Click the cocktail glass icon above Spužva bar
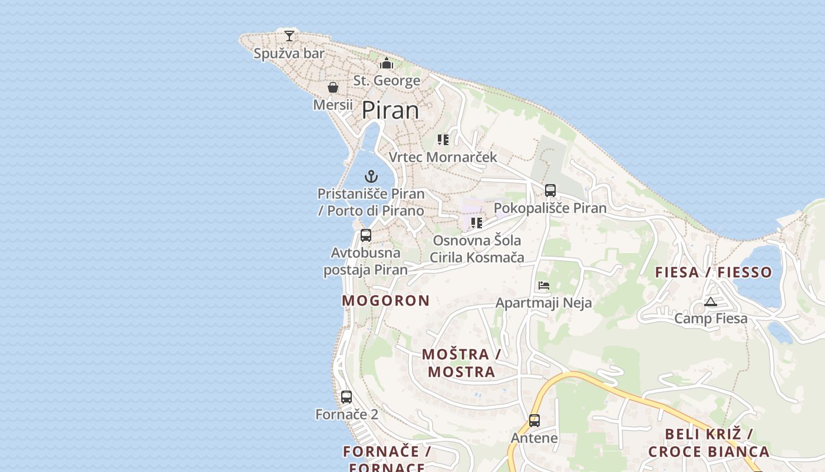(x=289, y=35)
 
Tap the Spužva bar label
(x=289, y=53)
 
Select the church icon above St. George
(x=387, y=63)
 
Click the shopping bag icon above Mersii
(x=333, y=87)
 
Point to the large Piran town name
(x=390, y=110)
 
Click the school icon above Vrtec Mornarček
(x=443, y=140)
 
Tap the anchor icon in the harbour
(x=371, y=176)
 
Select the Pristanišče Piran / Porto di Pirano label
(x=371, y=202)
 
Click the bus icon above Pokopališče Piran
(x=550, y=191)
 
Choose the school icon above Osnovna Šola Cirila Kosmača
(x=477, y=223)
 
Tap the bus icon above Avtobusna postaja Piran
(x=366, y=235)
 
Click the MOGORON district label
(x=386, y=300)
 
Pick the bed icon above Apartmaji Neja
(x=544, y=286)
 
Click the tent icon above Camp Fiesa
(x=711, y=301)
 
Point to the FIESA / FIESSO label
(x=714, y=272)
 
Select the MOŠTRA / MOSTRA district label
(x=461, y=363)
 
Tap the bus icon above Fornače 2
(x=346, y=396)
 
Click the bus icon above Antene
(x=534, y=421)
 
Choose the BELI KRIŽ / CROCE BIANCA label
(x=709, y=443)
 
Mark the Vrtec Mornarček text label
(x=443, y=157)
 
